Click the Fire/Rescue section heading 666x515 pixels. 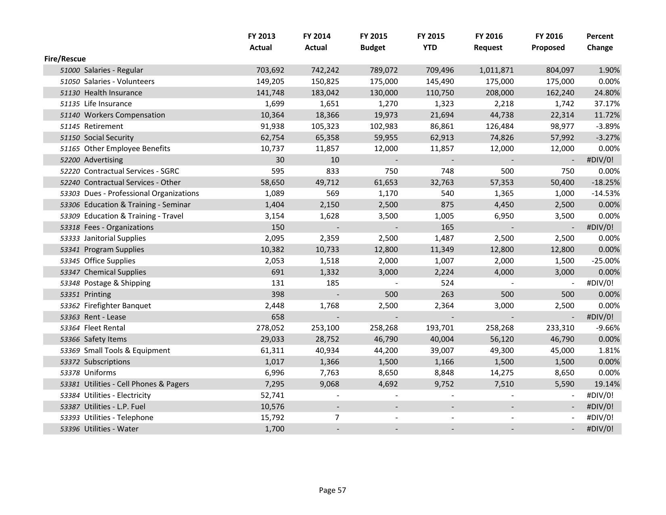click(65, 59)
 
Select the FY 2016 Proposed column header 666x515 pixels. click(548, 42)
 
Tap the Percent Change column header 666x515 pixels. click(599, 42)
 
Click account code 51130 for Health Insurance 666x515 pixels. click(70, 93)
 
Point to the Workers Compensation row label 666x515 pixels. click(124, 115)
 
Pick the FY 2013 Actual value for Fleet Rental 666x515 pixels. click(270, 328)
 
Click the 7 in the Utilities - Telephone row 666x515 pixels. click(337, 418)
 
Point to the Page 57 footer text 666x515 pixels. click(332, 490)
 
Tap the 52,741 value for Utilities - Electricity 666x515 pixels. click(272, 395)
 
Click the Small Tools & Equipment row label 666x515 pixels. click(127, 351)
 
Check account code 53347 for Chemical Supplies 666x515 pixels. click(70, 272)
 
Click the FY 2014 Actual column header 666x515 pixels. click(316, 42)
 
